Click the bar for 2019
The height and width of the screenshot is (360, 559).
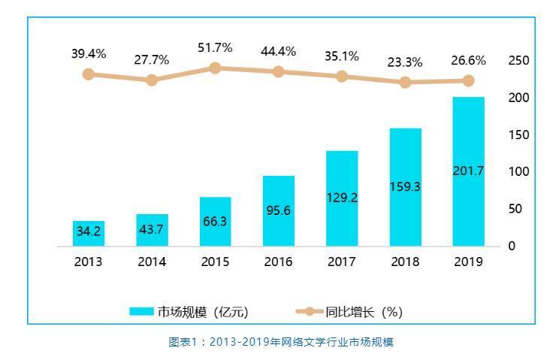tap(468, 171)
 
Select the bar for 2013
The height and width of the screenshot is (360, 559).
tap(89, 233)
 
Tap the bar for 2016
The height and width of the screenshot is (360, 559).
tap(279, 210)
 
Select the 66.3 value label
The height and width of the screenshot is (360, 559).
tap(215, 222)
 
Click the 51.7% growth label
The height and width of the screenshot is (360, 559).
tap(215, 47)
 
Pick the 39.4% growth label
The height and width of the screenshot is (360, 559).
tap(89, 53)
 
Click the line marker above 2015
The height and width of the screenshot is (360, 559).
tap(215, 68)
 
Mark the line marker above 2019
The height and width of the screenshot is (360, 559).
tap(468, 80)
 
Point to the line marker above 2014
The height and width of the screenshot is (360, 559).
tap(152, 80)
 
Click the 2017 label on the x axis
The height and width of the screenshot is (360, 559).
tap(342, 262)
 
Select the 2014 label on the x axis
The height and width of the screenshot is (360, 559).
tap(152, 262)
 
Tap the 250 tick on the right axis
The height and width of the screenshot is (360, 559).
tap(518, 60)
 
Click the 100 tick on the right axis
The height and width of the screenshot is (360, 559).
tap(518, 171)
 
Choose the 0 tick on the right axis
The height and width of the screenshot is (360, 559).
tap(512, 246)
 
